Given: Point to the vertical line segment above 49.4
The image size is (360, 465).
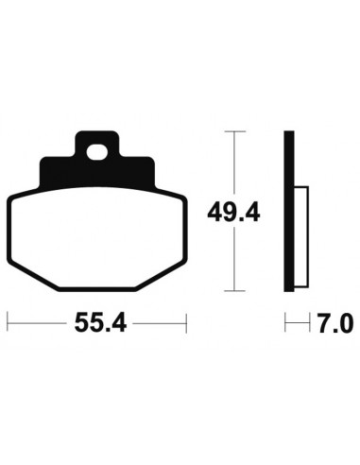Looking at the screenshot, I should [232, 161].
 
